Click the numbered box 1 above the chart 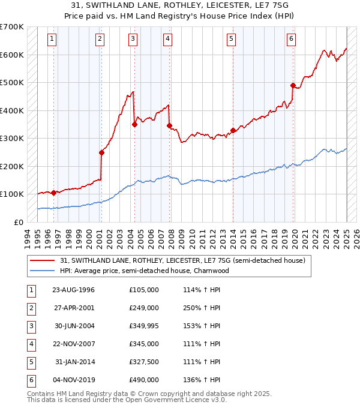point(53,40)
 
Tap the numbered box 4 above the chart point(167,40)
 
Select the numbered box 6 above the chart point(291,40)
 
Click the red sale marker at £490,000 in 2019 point(293,85)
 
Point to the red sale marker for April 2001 point(102,152)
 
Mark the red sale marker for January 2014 point(233,130)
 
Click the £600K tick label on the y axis point(12,55)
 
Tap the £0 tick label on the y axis point(18,222)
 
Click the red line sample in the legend point(42,260)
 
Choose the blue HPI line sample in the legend point(42,271)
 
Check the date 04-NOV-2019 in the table point(74,379)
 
